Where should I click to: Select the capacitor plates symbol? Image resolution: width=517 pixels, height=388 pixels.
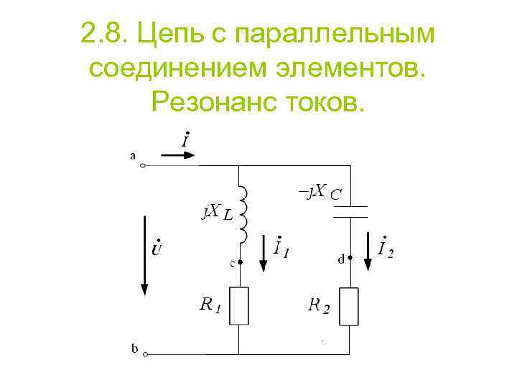[x=350, y=211]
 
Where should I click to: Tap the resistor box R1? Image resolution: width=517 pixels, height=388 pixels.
[x=238, y=305]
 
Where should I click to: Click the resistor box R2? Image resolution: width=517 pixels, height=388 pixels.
[x=350, y=305]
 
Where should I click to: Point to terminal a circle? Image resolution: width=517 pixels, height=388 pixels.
[x=143, y=166]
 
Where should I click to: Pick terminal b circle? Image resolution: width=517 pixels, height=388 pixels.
[x=146, y=354]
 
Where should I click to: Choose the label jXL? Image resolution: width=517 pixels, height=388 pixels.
[x=216, y=212]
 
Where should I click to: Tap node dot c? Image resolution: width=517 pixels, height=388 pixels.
[x=239, y=262]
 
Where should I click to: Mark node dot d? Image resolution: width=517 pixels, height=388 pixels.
[x=350, y=260]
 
